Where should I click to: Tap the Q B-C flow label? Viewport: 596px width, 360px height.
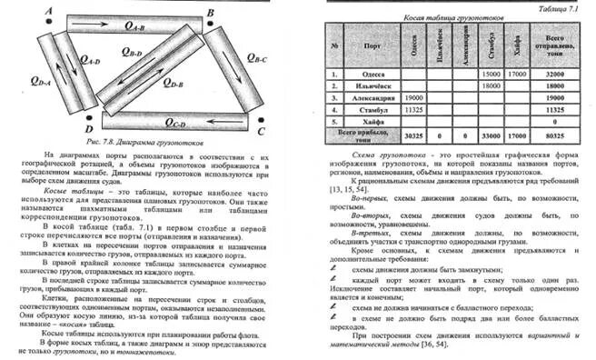(x=254, y=60)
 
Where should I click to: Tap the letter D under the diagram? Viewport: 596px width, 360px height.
(x=89, y=130)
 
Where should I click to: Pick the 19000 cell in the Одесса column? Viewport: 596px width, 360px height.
(x=413, y=95)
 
